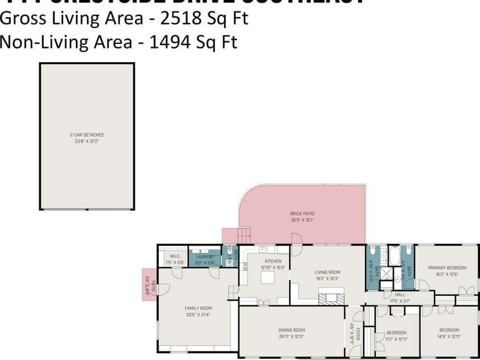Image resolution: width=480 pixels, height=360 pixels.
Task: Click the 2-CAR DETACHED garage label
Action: [x=87, y=135]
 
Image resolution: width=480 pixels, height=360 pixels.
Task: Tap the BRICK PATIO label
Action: [x=302, y=214]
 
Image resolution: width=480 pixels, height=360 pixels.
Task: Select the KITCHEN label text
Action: [x=273, y=261]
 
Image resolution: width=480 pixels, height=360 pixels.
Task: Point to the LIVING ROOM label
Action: [x=327, y=272]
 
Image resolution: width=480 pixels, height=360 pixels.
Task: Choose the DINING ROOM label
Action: [x=292, y=330]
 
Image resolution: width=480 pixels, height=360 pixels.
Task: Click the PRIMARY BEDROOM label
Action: [x=447, y=268]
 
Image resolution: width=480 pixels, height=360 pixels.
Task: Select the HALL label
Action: [x=400, y=294]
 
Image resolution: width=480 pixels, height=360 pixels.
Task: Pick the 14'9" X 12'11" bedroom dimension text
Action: [x=449, y=337]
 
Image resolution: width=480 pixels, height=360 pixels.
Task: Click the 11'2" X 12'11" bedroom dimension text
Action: [x=396, y=339]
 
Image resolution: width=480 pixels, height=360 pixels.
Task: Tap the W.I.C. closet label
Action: [x=175, y=256]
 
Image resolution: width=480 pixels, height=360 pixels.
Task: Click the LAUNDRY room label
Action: [x=205, y=256]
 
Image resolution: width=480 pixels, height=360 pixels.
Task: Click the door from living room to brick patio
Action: [x=296, y=240]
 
